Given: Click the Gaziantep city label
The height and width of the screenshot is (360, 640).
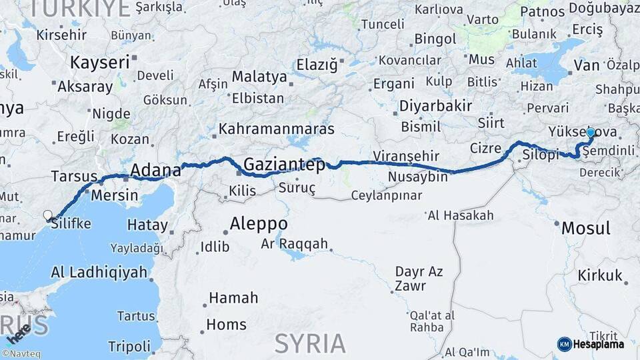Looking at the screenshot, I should [x=284, y=164].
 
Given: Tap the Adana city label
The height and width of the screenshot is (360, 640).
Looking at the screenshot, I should [x=155, y=170].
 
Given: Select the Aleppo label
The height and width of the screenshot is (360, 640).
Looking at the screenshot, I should [x=259, y=223].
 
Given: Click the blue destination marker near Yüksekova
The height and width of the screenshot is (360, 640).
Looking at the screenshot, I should [x=590, y=133].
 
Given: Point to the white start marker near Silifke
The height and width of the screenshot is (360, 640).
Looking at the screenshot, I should [x=48, y=215].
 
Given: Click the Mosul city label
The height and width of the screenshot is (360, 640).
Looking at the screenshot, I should [x=585, y=228].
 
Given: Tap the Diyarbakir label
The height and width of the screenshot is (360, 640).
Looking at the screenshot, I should [x=435, y=105].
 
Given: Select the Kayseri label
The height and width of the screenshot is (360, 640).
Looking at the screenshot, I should [x=99, y=63].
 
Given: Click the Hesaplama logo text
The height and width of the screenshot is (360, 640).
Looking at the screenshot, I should [x=599, y=344].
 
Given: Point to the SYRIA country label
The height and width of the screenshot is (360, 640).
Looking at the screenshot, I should [x=310, y=343].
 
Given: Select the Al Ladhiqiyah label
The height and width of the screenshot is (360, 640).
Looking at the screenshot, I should [x=98, y=272].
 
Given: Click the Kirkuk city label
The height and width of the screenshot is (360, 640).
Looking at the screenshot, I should [x=600, y=275].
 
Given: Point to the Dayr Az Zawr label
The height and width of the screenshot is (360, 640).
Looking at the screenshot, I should [x=419, y=278].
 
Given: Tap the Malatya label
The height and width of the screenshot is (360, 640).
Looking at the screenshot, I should [x=259, y=77].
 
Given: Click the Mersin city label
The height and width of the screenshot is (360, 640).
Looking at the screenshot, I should [x=114, y=195].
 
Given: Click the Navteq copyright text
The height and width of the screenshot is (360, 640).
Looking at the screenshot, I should [x=22, y=354].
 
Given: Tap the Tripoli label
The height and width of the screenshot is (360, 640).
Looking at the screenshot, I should [x=129, y=346].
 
